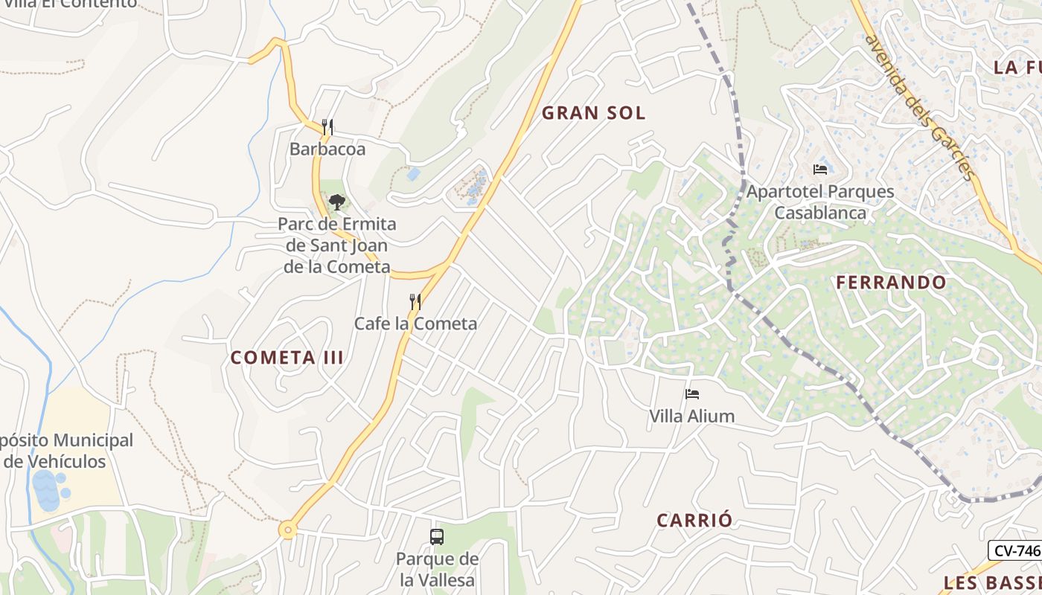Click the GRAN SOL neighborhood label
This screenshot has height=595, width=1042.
[593, 113]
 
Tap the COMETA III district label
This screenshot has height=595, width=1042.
[287, 358]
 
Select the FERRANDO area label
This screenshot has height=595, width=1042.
[890, 283]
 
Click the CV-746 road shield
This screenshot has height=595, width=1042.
[1015, 550]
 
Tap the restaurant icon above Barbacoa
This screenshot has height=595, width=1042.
[327, 126]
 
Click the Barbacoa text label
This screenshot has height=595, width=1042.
[327, 149]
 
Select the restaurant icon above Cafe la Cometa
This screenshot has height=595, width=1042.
[415, 301]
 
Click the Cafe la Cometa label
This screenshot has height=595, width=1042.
[415, 324]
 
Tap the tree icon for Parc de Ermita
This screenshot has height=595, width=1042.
[336, 201]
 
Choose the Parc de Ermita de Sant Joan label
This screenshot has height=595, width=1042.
[336, 245]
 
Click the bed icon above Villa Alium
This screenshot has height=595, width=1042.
[692, 394]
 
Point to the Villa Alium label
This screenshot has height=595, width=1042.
[692, 416]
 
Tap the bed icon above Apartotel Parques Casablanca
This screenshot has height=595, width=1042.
[820, 170]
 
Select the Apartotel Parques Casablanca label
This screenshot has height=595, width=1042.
[820, 202]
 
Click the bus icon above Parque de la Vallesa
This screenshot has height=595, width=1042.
[437, 536]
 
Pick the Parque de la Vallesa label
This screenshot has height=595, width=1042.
[437, 569]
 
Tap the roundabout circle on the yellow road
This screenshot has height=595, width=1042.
[287, 530]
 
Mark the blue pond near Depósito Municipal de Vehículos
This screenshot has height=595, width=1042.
[46, 489]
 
